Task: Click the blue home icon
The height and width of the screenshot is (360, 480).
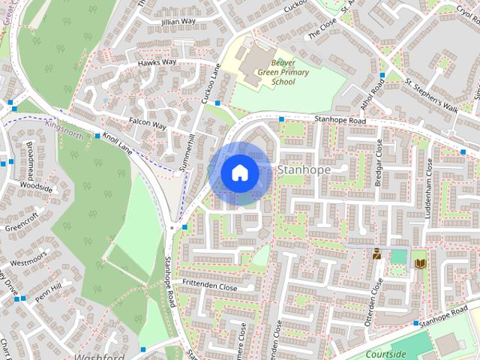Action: [239, 172]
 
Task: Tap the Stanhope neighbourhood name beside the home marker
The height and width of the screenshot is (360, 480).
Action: [304, 170]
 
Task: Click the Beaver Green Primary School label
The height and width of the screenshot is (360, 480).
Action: [273, 73]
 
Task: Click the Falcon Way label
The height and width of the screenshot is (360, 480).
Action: [147, 123]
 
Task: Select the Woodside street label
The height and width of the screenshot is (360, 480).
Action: [36, 187]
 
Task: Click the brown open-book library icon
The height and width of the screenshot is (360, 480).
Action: [420, 262]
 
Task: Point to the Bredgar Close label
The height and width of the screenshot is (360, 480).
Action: [379, 163]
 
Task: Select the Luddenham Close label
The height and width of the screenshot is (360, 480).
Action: [429, 184]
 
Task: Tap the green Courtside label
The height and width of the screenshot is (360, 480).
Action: [387, 354]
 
